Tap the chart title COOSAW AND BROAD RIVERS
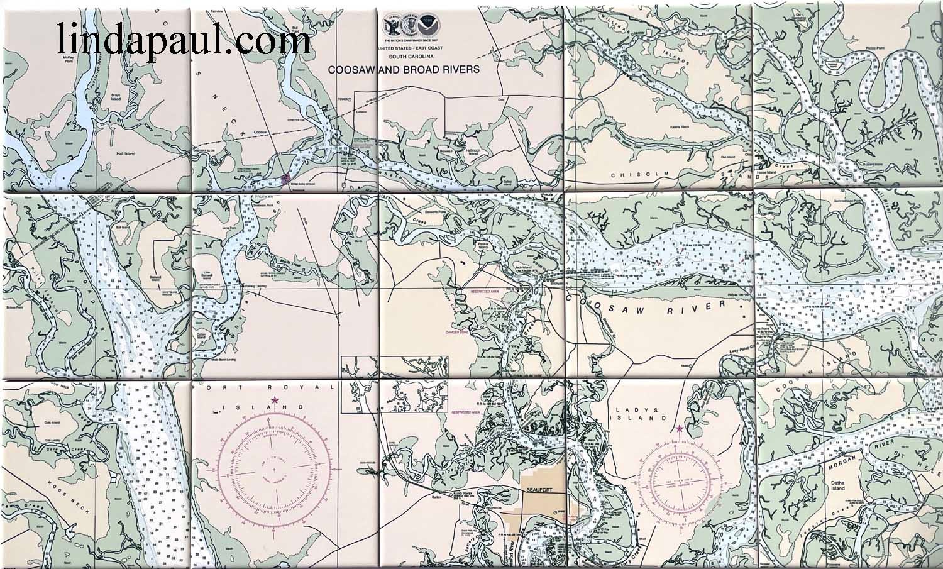pyautogui.click(x=403, y=70)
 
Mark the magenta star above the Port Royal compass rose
pyautogui.click(x=274, y=399)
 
